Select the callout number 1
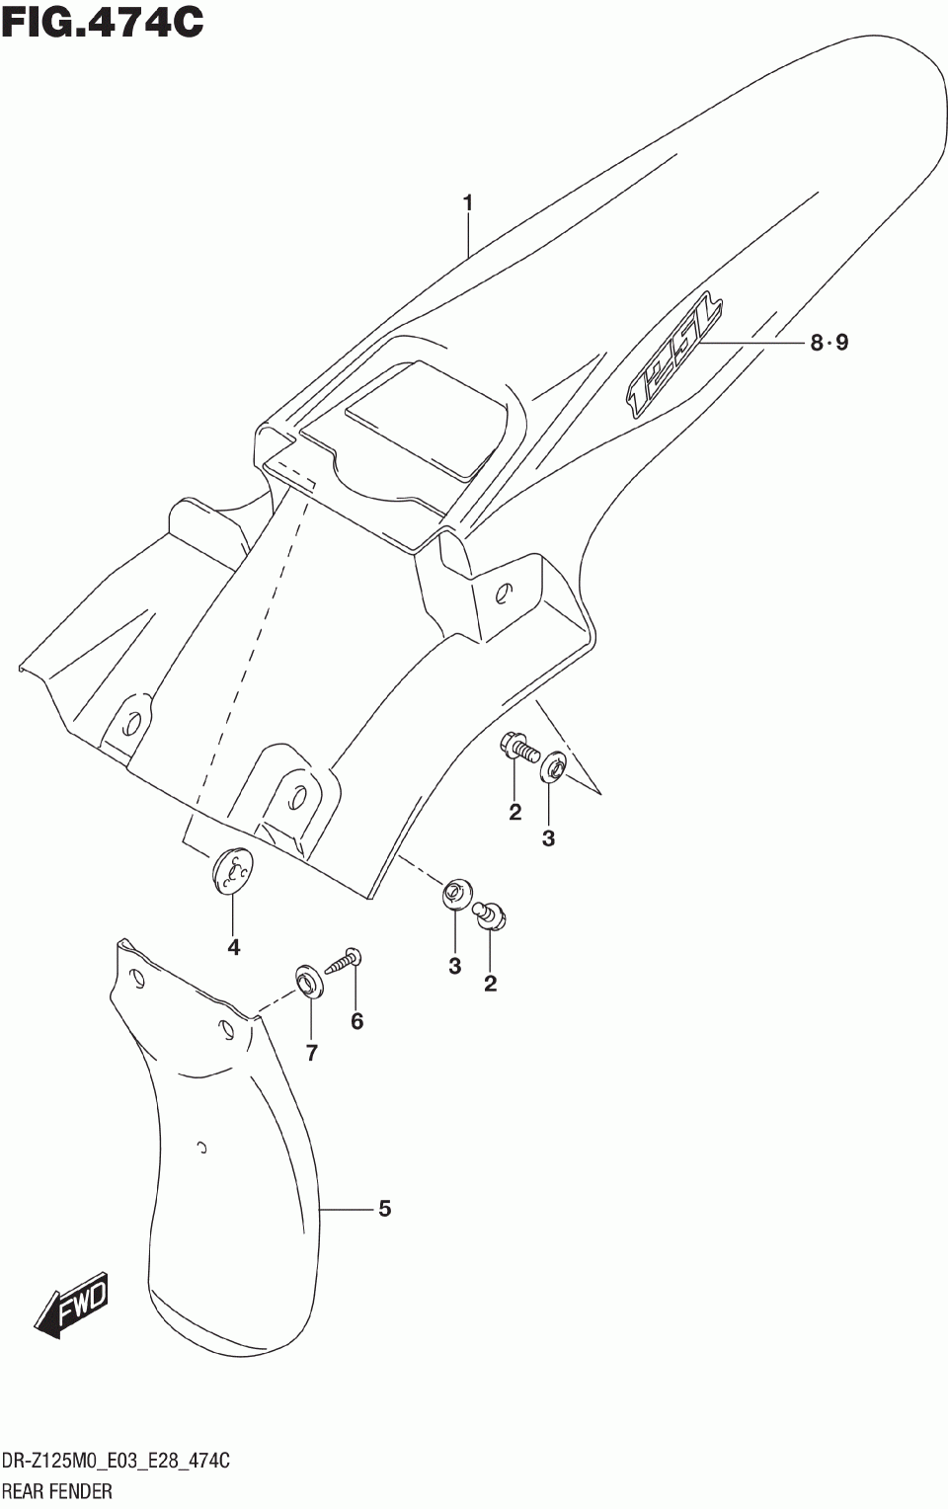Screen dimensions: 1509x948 (x=468, y=203)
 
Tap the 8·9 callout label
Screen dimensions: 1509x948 (x=829, y=343)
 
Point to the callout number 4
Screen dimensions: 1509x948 (x=233, y=947)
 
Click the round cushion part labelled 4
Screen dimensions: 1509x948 (x=233, y=870)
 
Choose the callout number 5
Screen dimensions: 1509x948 (x=384, y=1208)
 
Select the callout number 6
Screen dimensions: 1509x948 (x=357, y=1021)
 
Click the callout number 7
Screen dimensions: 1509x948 (x=312, y=1053)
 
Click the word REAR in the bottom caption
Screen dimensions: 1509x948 (x=25, y=1491)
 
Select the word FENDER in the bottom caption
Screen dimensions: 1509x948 (x=83, y=1491)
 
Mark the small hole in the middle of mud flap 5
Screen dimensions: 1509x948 (x=201, y=1148)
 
